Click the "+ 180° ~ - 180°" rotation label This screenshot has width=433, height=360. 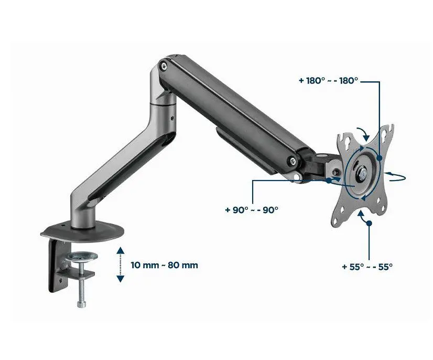pyautogui.click(x=328, y=81)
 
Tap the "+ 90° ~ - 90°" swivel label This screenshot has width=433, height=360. pyautogui.click(x=252, y=210)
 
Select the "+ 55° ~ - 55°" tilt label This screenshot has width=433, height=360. pyautogui.click(x=367, y=267)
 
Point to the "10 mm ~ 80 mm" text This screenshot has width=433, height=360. pyautogui.click(x=164, y=265)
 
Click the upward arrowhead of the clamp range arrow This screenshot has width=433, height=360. pyautogui.click(x=120, y=250)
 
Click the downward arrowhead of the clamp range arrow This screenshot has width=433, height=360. pyautogui.click(x=120, y=279)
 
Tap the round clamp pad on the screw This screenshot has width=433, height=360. pyautogui.click(x=81, y=256)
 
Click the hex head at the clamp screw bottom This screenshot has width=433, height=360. pyautogui.click(x=81, y=304)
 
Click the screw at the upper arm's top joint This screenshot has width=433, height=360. pyautogui.click(x=164, y=66)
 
